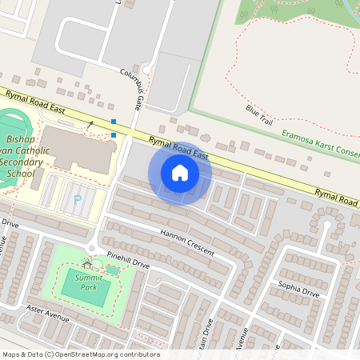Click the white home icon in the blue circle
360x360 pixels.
pyautogui.click(x=180, y=173)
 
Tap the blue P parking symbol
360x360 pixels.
pyautogui.click(x=78, y=199)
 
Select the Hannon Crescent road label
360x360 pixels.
pyautogui.click(x=187, y=242)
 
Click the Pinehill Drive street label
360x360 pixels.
pyautogui.click(x=128, y=262)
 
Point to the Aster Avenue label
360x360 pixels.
pyautogui.click(x=48, y=315)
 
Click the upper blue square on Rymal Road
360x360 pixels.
pyautogui.click(x=114, y=122)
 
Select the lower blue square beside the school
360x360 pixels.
pyautogui.click(x=114, y=134)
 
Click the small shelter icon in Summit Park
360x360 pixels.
pyautogui.click(x=86, y=263)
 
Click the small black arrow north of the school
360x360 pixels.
pyautogui.click(x=90, y=123)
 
